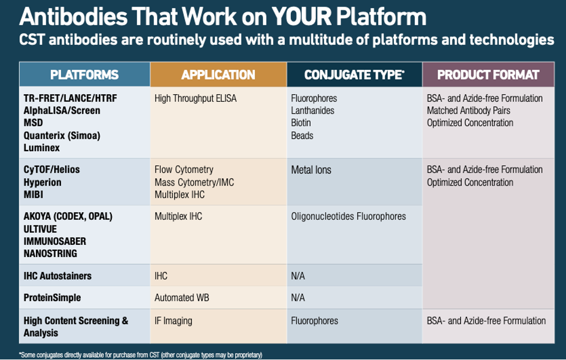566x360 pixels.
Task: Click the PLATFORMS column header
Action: pos(84,75)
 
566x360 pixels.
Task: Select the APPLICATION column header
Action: pos(218,75)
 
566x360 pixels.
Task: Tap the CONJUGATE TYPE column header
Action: pos(354,75)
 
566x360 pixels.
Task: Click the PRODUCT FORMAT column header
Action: pos(488,75)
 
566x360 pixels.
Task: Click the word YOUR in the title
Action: pos(302,17)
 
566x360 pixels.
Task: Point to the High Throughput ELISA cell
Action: pos(195,99)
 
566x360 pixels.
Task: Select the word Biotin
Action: pos(301,123)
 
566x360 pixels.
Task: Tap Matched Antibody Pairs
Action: pos(469,111)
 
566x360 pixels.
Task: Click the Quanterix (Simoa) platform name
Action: pos(61,136)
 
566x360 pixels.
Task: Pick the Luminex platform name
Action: pos(42,148)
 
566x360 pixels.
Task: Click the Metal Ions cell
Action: pos(311,170)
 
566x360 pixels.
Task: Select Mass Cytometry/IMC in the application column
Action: pos(194,182)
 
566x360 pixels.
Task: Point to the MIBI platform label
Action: pos(33,195)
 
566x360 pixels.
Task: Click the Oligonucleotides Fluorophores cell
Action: pos(348,217)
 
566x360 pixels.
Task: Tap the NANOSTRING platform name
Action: pos(50,254)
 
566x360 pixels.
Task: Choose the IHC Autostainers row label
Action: pos(58,276)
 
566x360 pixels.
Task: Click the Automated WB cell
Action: pos(182,298)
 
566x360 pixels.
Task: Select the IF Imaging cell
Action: pos(173,321)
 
